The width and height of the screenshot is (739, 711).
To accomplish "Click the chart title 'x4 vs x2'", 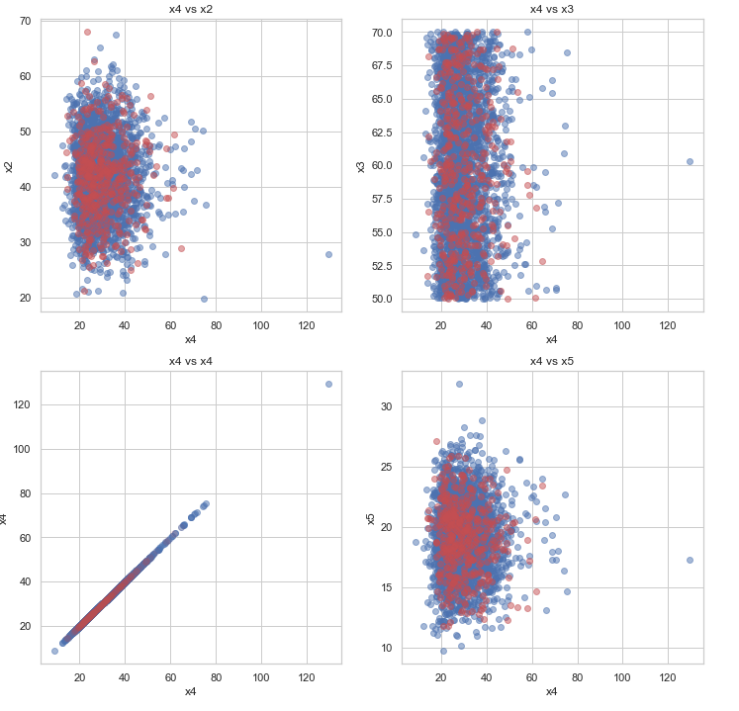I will click(191, 9).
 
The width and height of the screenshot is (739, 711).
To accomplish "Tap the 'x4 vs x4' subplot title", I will click(191, 361).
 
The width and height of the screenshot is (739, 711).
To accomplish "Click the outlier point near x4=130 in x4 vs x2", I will click(328, 254).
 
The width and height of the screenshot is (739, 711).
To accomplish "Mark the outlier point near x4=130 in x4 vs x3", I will click(690, 161).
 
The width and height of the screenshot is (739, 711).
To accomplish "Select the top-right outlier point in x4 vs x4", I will click(328, 384).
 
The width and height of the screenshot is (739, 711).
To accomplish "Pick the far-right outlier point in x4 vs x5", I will click(690, 560).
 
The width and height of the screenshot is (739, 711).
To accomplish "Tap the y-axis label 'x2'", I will click(10, 166).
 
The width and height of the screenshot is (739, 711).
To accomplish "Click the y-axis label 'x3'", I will click(361, 166).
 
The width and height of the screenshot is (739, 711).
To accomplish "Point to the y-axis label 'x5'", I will click(371, 518).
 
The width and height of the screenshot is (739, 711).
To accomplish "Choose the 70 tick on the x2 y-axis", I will click(24, 21).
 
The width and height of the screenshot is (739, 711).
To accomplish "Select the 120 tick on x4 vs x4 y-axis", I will click(21, 404).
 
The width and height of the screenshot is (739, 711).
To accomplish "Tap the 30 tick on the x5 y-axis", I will click(385, 406).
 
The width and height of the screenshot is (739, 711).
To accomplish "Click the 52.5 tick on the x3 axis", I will click(380, 265).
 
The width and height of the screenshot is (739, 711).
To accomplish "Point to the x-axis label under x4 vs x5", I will click(552, 691).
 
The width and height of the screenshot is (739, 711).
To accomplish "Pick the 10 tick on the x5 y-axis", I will click(385, 648).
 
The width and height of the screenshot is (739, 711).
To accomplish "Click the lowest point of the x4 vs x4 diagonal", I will click(55, 651).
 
